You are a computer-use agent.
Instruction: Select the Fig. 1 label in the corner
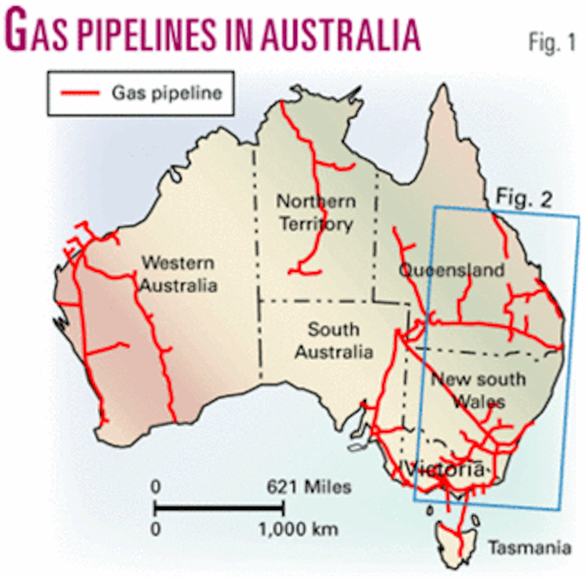pyautogui.click(x=552, y=43)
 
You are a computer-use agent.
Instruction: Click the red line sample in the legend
pyautogui.click(x=80, y=93)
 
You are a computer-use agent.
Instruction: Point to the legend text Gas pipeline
pyautogui.click(x=167, y=93)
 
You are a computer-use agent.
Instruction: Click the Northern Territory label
pyautogui.click(x=316, y=212)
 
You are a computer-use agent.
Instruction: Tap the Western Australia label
pyautogui.click(x=178, y=274)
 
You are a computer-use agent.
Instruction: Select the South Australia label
pyautogui.click(x=334, y=340)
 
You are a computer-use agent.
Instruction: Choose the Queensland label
pyautogui.click(x=451, y=270)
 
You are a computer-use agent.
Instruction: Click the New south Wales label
pyautogui.click(x=478, y=390)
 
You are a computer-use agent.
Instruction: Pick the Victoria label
pyautogui.click(x=445, y=469)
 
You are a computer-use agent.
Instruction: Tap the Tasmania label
pyautogui.click(x=529, y=547)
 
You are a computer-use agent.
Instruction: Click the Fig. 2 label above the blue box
pyautogui.click(x=524, y=199)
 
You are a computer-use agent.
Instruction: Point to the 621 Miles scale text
pyautogui.click(x=309, y=487)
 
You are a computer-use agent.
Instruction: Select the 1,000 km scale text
pyautogui.click(x=298, y=529)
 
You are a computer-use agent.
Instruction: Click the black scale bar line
pyautogui.click(x=219, y=509)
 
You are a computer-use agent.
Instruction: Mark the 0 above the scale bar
pyautogui.click(x=155, y=487)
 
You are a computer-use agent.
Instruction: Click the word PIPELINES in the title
pyautogui.click(x=146, y=35)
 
